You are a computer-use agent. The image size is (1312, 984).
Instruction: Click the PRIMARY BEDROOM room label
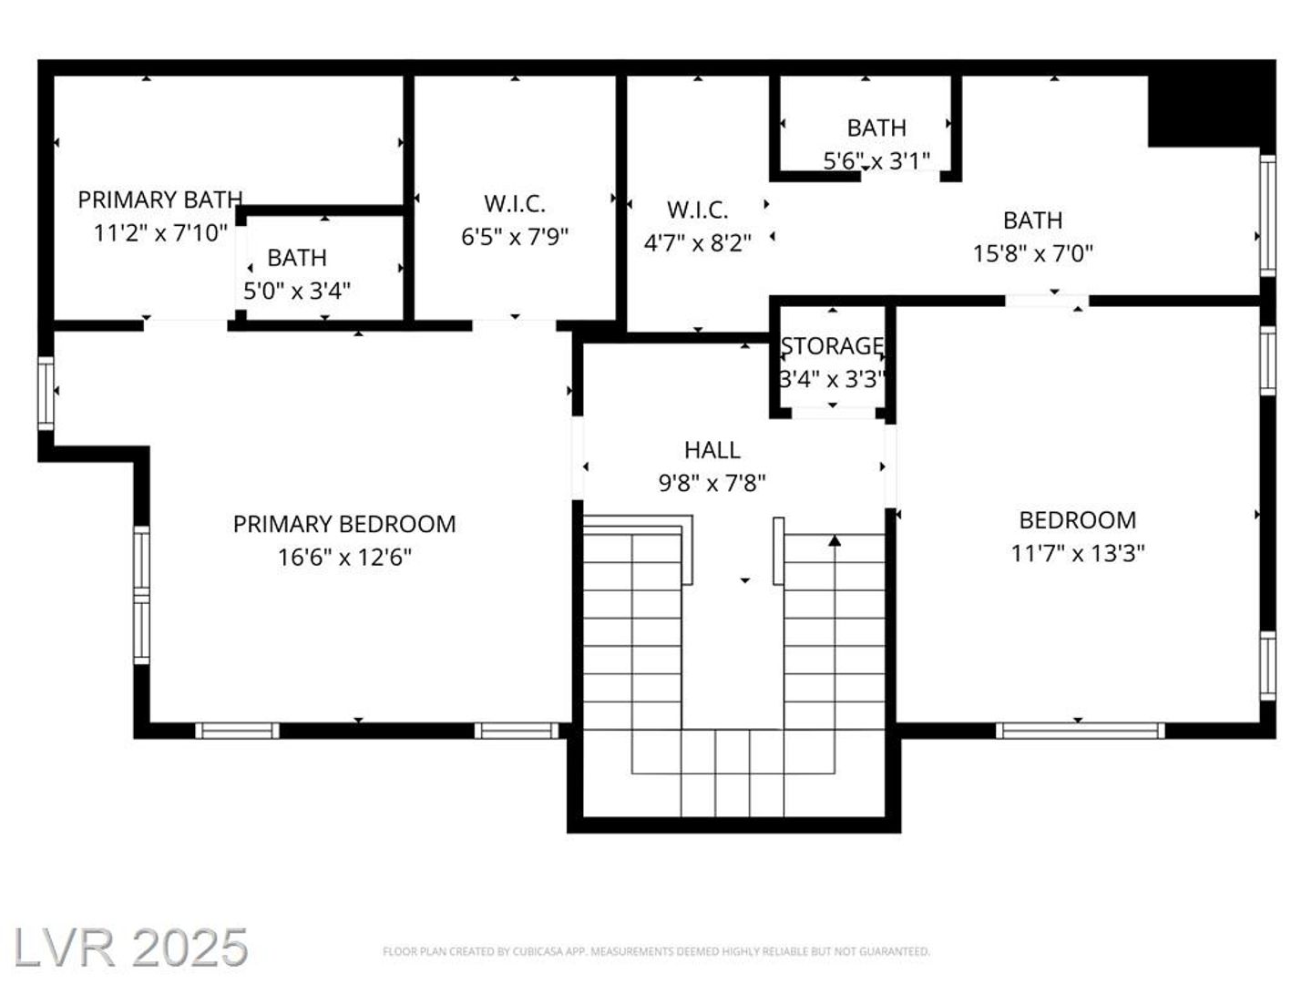click(x=344, y=524)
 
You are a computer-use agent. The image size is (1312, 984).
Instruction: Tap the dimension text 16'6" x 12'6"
click(x=345, y=558)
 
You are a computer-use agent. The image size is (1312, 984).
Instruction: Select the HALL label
click(x=712, y=450)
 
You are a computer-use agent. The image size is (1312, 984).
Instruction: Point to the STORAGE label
click(x=832, y=346)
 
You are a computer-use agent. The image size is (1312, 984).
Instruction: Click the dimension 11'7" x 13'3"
click(x=1077, y=553)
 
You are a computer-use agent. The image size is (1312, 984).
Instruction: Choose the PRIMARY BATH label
click(x=160, y=200)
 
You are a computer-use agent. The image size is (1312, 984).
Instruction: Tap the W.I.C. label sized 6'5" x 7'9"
click(x=515, y=204)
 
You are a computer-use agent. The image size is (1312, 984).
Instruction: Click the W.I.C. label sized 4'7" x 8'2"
click(x=698, y=210)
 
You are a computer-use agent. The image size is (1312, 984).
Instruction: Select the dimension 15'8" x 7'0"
click(x=1033, y=254)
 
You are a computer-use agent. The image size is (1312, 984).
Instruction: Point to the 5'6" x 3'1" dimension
click(x=876, y=160)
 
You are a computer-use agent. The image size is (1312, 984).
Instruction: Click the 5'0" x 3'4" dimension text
click(x=297, y=291)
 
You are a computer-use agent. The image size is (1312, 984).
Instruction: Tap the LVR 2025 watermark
click(x=130, y=948)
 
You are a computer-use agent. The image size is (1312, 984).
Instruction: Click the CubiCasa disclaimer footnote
click(x=656, y=951)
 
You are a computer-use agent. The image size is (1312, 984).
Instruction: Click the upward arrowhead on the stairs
click(x=835, y=540)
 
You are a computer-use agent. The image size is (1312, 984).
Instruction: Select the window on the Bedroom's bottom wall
click(x=1080, y=731)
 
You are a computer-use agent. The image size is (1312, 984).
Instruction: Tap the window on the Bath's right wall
click(x=1267, y=216)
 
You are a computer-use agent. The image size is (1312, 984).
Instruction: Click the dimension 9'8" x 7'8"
click(x=712, y=483)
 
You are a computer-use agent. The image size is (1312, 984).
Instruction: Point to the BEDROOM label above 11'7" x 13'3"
click(x=1077, y=520)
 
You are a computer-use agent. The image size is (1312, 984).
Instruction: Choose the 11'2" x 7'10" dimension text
click(x=160, y=233)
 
